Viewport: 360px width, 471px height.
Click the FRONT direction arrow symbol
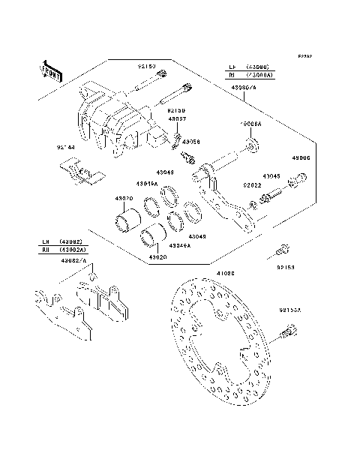[51, 70]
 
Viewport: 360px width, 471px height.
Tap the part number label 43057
[177, 119]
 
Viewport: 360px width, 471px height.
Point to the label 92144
[65, 148]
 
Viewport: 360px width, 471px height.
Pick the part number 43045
[271, 176]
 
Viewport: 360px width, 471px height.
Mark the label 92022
[251, 184]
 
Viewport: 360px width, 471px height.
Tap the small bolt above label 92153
[283, 250]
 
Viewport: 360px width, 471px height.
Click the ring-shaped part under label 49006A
[252, 142]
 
